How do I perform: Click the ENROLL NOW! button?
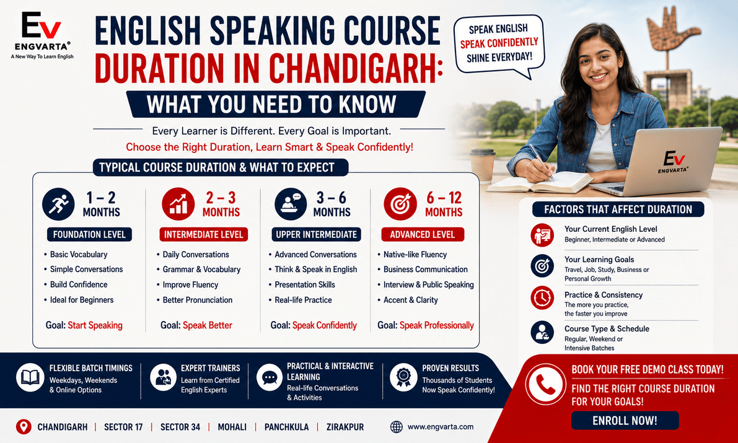click(x=625, y=421)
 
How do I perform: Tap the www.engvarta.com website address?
click(x=440, y=427)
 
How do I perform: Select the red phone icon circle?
click(x=545, y=385)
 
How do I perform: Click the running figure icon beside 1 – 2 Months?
click(x=58, y=204)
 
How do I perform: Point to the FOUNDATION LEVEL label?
click(x=89, y=234)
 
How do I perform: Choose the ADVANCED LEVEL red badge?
click(x=423, y=234)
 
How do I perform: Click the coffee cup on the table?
click(x=482, y=165)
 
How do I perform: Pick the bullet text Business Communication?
click(x=426, y=270)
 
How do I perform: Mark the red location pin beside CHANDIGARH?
click(x=24, y=427)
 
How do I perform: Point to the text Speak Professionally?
click(x=437, y=325)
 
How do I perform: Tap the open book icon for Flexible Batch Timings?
click(x=30, y=377)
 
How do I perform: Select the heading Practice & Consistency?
click(x=604, y=295)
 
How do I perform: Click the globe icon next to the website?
click(x=397, y=427)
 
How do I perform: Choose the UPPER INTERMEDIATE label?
click(x=317, y=234)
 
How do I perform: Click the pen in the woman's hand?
click(x=542, y=162)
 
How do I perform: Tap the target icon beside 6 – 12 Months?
click(x=400, y=204)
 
